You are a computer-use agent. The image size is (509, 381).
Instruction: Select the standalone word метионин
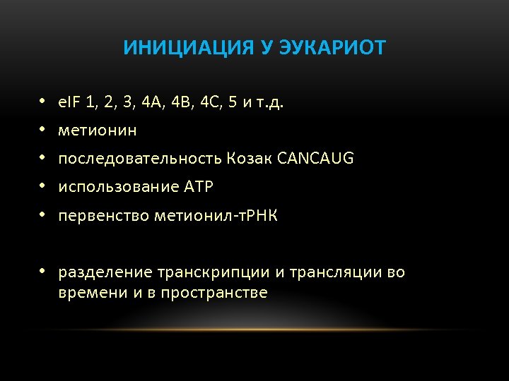point(98,131)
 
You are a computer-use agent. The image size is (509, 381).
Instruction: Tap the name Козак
point(251,159)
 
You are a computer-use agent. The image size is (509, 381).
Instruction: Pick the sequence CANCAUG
point(316,159)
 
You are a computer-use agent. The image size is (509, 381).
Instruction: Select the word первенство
point(100,216)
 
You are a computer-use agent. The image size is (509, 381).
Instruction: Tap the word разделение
point(105,272)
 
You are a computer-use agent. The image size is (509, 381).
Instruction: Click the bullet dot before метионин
point(42,131)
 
